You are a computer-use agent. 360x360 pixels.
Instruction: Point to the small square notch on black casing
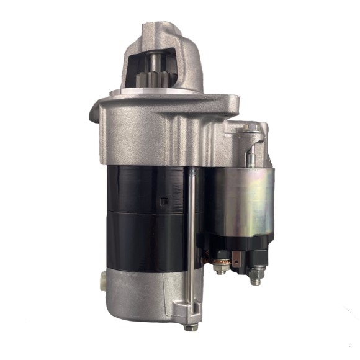coord(163,200)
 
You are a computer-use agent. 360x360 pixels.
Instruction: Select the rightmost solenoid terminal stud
coord(254,277)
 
